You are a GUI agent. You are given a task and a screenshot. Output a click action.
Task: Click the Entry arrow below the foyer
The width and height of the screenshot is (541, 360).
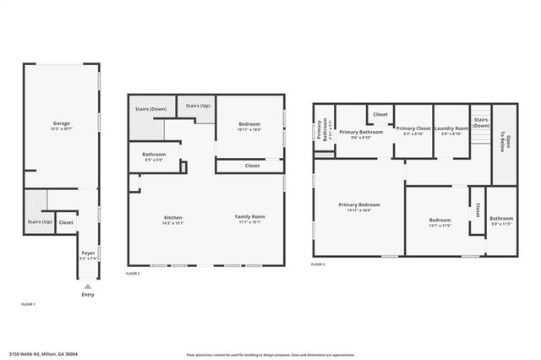point(87,287)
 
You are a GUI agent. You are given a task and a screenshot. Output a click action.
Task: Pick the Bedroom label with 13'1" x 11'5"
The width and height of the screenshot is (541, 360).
point(440,222)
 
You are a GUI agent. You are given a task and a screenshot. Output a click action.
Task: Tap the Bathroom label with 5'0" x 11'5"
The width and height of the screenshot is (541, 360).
point(501,221)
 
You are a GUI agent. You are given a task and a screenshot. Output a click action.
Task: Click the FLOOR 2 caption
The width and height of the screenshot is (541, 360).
point(133,274)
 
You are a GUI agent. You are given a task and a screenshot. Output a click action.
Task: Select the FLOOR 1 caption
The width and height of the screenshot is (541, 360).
point(28,303)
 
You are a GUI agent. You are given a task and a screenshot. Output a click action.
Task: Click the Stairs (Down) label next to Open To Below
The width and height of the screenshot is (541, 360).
point(481,123)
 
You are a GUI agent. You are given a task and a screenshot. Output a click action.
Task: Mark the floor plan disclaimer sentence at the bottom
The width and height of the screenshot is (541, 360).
point(270,355)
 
